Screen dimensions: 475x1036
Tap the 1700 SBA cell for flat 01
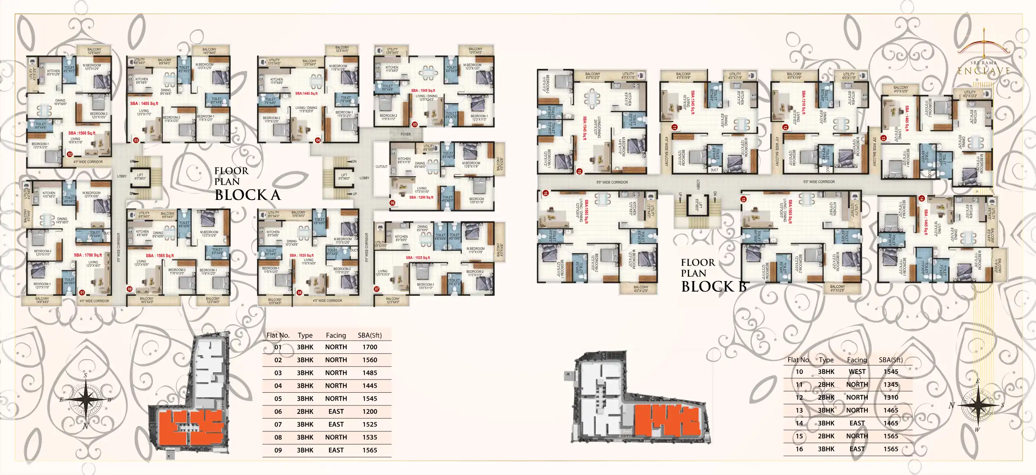pyautogui.click(x=370, y=347)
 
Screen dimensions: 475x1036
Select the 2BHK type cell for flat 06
pyautogui.click(x=305, y=411)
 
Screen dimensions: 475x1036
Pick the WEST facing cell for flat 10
pyautogui.click(x=857, y=371)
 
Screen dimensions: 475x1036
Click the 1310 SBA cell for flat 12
pyautogui.click(x=891, y=397)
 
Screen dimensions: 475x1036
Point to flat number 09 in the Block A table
pyautogui.click(x=278, y=450)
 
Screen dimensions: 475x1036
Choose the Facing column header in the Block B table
pyautogui.click(x=857, y=360)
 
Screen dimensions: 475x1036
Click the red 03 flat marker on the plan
pyautogui.click(x=136, y=140)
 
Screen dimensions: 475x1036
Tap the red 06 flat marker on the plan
pyautogui.click(x=392, y=203)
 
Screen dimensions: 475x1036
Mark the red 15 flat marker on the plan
pyautogui.click(x=743, y=199)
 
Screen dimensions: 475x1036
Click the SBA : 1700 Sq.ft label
pyautogui.click(x=88, y=255)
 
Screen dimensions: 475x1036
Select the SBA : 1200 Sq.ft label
pyautogui.click(x=421, y=198)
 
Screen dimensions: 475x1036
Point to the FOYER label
pyautogui.click(x=405, y=134)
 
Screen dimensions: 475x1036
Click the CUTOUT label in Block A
pyautogui.click(x=381, y=166)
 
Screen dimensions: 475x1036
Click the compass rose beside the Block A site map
pyautogui.click(x=85, y=400)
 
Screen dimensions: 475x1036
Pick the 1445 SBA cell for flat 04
pyautogui.click(x=370, y=386)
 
